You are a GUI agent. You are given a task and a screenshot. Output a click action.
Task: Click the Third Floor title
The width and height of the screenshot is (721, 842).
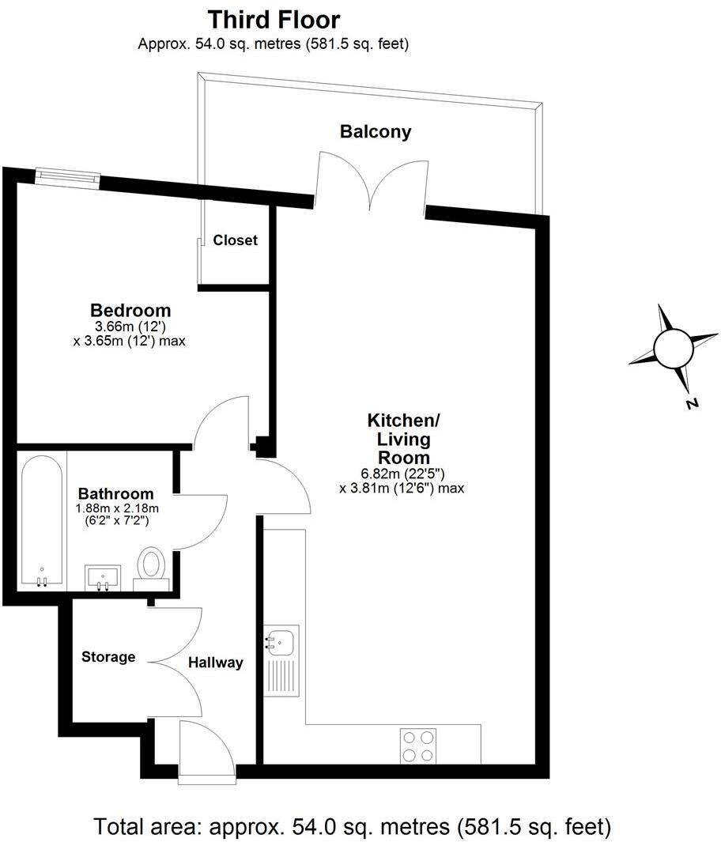coord(274,19)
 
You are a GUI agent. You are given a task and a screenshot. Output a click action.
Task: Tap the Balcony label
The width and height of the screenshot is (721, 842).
coord(376,132)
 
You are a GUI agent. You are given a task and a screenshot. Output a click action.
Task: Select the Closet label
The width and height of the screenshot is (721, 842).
coord(236,240)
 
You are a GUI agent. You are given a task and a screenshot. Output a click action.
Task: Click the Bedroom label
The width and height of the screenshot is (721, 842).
coord(130,310)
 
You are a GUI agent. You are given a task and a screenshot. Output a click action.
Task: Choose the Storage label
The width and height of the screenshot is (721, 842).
coord(109,657)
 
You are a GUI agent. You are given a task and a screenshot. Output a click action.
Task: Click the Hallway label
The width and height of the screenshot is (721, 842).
coord(215,663)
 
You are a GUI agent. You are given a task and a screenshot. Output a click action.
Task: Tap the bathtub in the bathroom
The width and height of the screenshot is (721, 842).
coord(42,522)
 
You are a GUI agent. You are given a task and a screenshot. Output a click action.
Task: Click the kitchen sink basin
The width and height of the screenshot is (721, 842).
coord(281,640)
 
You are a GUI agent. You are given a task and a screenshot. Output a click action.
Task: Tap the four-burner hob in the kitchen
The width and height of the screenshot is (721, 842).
coord(419,745)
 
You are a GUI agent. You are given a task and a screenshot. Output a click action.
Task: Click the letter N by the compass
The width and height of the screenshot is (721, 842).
coord(692,404)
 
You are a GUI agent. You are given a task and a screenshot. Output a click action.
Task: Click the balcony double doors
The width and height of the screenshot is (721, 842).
coord(371,182)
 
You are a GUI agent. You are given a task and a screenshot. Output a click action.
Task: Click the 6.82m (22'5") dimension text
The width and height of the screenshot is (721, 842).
coord(402,474)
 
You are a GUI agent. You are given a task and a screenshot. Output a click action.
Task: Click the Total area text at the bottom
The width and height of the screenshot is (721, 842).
coord(353,827)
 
